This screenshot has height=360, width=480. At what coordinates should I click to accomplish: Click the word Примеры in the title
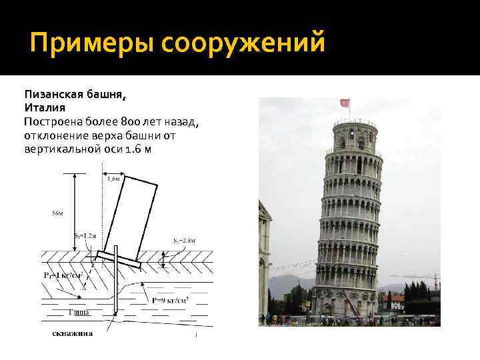point(90,45)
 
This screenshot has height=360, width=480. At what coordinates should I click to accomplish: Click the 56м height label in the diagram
point(58,213)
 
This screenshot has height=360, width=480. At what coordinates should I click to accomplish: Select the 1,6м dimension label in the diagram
point(113,179)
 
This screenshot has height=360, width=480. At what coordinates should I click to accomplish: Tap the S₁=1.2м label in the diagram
point(85,237)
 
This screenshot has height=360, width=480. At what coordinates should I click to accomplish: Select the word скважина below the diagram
point(73,333)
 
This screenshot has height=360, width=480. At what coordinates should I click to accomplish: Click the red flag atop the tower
point(345,104)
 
